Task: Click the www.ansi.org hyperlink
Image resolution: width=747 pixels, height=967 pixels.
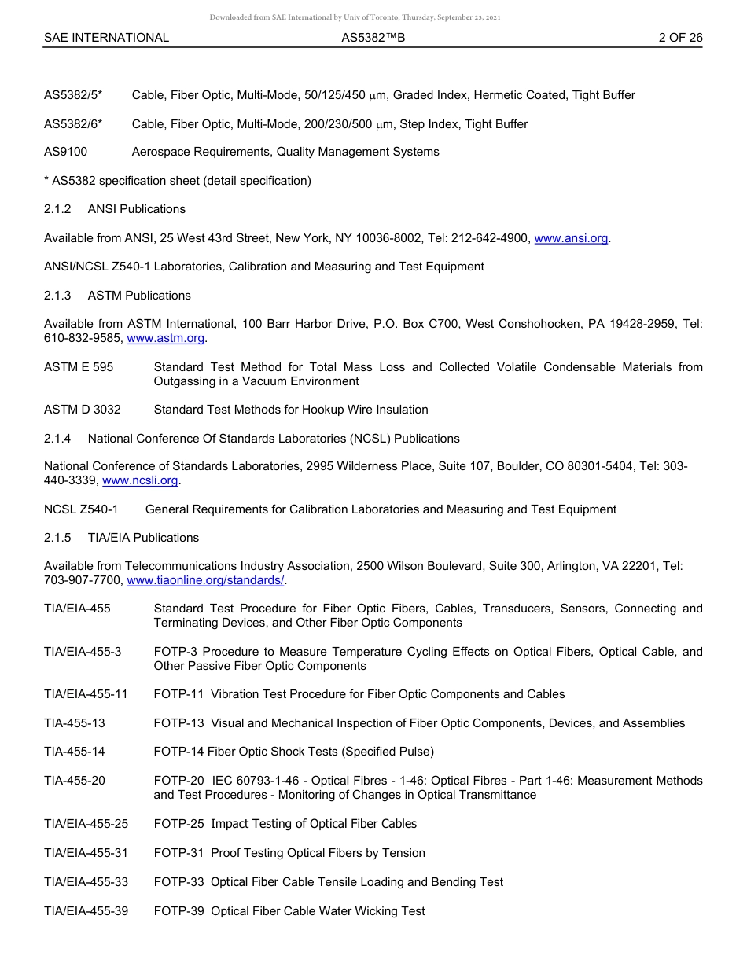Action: pos(571,238)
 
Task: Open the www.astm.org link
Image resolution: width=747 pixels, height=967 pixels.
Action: pos(166,338)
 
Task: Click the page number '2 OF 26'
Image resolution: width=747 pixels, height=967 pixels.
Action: pos(680,37)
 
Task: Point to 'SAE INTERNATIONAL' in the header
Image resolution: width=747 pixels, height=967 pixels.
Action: pos(106,37)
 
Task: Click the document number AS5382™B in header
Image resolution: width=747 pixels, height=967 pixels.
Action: pos(373,37)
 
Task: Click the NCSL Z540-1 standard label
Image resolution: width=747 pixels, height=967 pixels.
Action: pos(81,509)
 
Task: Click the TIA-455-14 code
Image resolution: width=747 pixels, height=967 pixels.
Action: pos(74,752)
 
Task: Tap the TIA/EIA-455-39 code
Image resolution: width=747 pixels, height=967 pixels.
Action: pos(86,911)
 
